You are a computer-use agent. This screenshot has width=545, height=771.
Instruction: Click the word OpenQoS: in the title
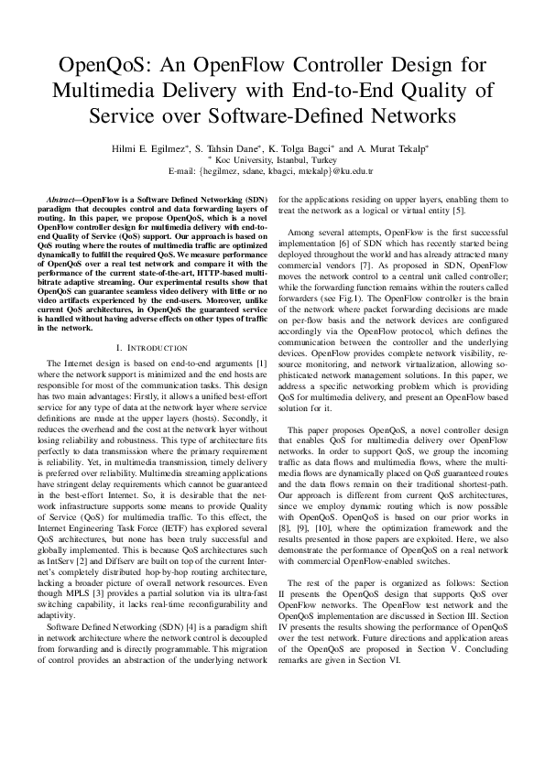(x=102, y=67)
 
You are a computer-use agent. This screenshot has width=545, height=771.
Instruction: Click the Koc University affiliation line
(x=274, y=158)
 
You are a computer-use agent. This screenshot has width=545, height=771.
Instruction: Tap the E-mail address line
(x=272, y=169)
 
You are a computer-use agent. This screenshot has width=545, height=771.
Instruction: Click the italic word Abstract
(x=61, y=199)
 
